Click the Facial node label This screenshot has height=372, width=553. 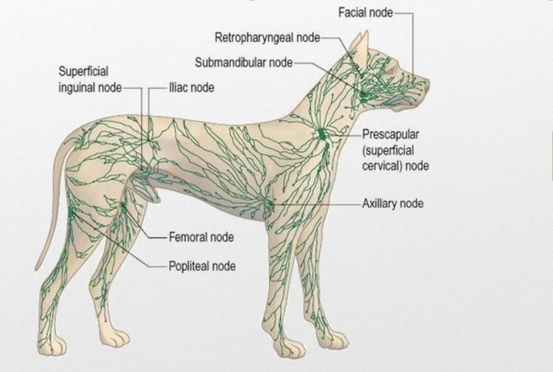[x=366, y=13]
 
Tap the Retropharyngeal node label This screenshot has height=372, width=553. [x=267, y=37]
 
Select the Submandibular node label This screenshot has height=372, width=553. [x=244, y=63]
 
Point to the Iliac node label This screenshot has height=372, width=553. [x=192, y=87]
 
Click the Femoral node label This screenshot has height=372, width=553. [x=201, y=237]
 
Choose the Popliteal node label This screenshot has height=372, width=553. [x=202, y=266]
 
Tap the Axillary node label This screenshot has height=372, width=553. [x=393, y=204]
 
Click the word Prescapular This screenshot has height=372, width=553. [x=391, y=134]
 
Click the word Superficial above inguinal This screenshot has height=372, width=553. [x=83, y=72]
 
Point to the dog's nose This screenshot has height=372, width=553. [x=427, y=85]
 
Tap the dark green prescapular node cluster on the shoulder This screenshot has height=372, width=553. [x=321, y=134]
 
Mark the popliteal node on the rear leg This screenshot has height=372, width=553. [x=72, y=212]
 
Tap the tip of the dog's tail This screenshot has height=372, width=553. [x=36, y=269]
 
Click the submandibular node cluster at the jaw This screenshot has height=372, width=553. [x=364, y=94]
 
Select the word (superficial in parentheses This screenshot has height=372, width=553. [x=388, y=151]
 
